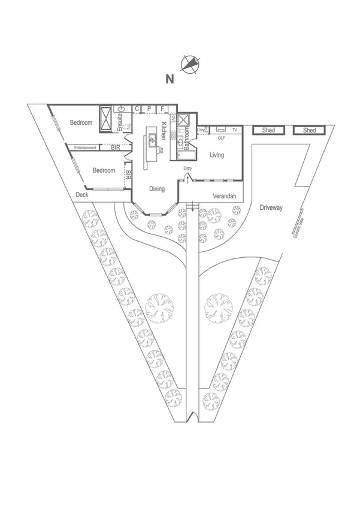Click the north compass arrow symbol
(x=191, y=64)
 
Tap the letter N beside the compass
(x=170, y=78)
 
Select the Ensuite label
(x=120, y=123)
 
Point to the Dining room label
(x=157, y=189)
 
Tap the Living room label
(x=217, y=155)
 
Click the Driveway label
(x=271, y=208)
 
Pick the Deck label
(x=82, y=195)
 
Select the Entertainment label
(x=85, y=147)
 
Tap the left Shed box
(x=268, y=130)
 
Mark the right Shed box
(x=309, y=130)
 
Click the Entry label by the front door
(x=187, y=168)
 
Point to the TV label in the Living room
(x=235, y=129)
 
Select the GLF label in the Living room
(x=221, y=138)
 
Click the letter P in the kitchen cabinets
(x=149, y=109)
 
